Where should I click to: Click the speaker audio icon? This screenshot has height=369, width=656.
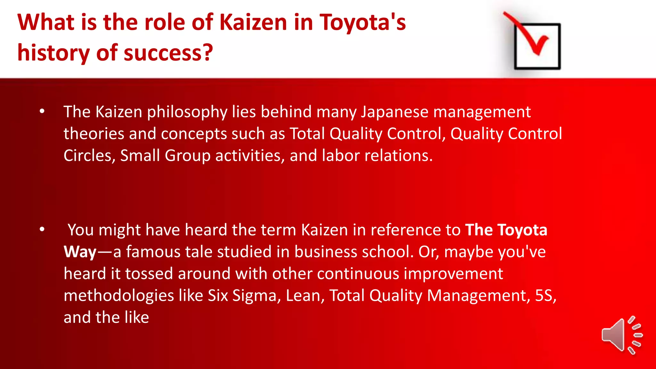click(x=621, y=335)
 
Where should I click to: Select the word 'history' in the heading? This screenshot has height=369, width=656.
click(x=53, y=53)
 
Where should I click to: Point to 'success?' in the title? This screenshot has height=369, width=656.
click(x=168, y=53)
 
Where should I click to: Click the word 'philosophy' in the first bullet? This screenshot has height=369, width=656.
click(x=187, y=112)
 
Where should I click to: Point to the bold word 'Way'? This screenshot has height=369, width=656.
click(x=80, y=252)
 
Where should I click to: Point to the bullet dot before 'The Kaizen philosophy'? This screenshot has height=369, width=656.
click(x=42, y=111)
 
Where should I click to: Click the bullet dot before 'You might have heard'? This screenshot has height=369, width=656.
click(x=42, y=230)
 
